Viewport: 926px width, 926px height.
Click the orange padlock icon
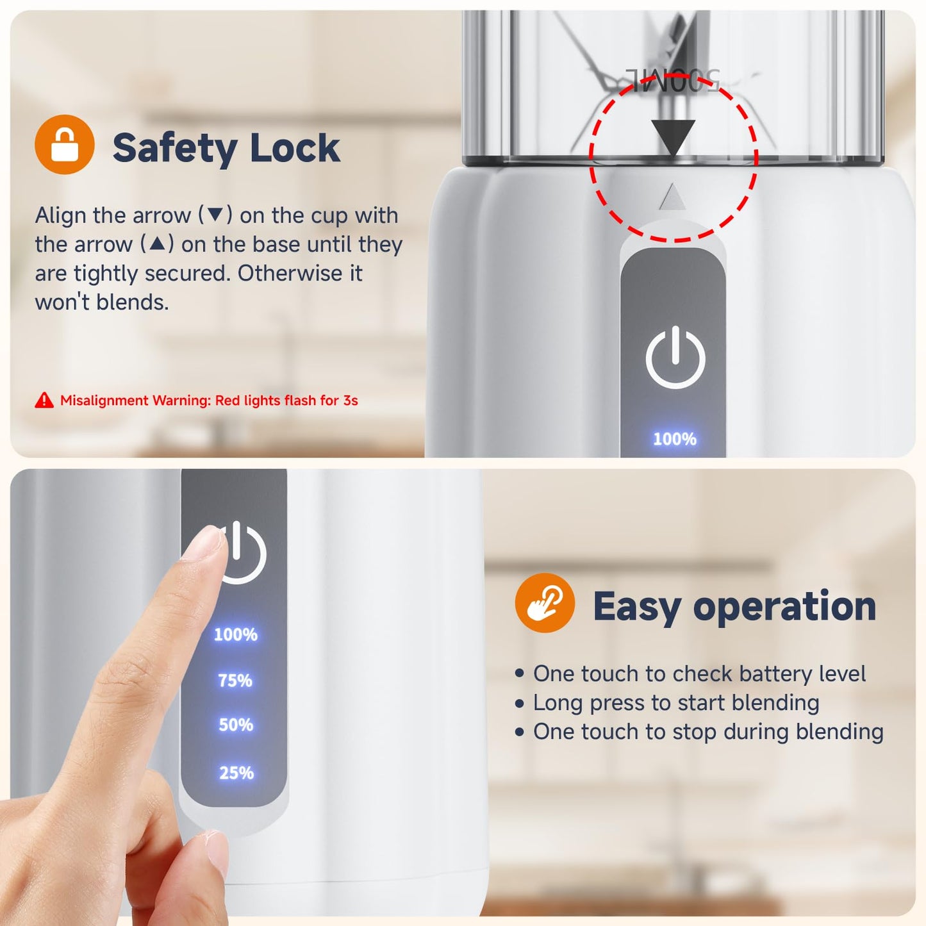(x=64, y=145)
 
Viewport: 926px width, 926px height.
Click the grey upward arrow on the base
(x=673, y=197)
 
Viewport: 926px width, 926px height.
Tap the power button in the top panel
(x=675, y=356)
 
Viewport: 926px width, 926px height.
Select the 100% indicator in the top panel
(x=675, y=439)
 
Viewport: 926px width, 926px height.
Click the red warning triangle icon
(x=44, y=400)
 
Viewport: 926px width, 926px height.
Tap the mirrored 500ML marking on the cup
(x=673, y=79)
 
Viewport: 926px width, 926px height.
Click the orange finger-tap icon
(x=545, y=602)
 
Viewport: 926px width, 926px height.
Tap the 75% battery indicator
(x=235, y=681)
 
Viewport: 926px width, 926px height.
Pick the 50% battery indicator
(x=235, y=725)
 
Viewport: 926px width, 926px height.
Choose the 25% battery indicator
(x=236, y=773)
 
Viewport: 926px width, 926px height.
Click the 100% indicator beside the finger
(x=235, y=635)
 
